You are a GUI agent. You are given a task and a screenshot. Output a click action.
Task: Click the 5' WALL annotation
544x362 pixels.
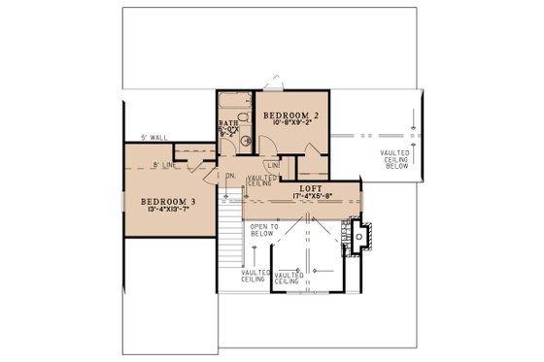click(154, 139)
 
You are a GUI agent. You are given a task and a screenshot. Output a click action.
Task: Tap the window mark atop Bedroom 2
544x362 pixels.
click(277, 76)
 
